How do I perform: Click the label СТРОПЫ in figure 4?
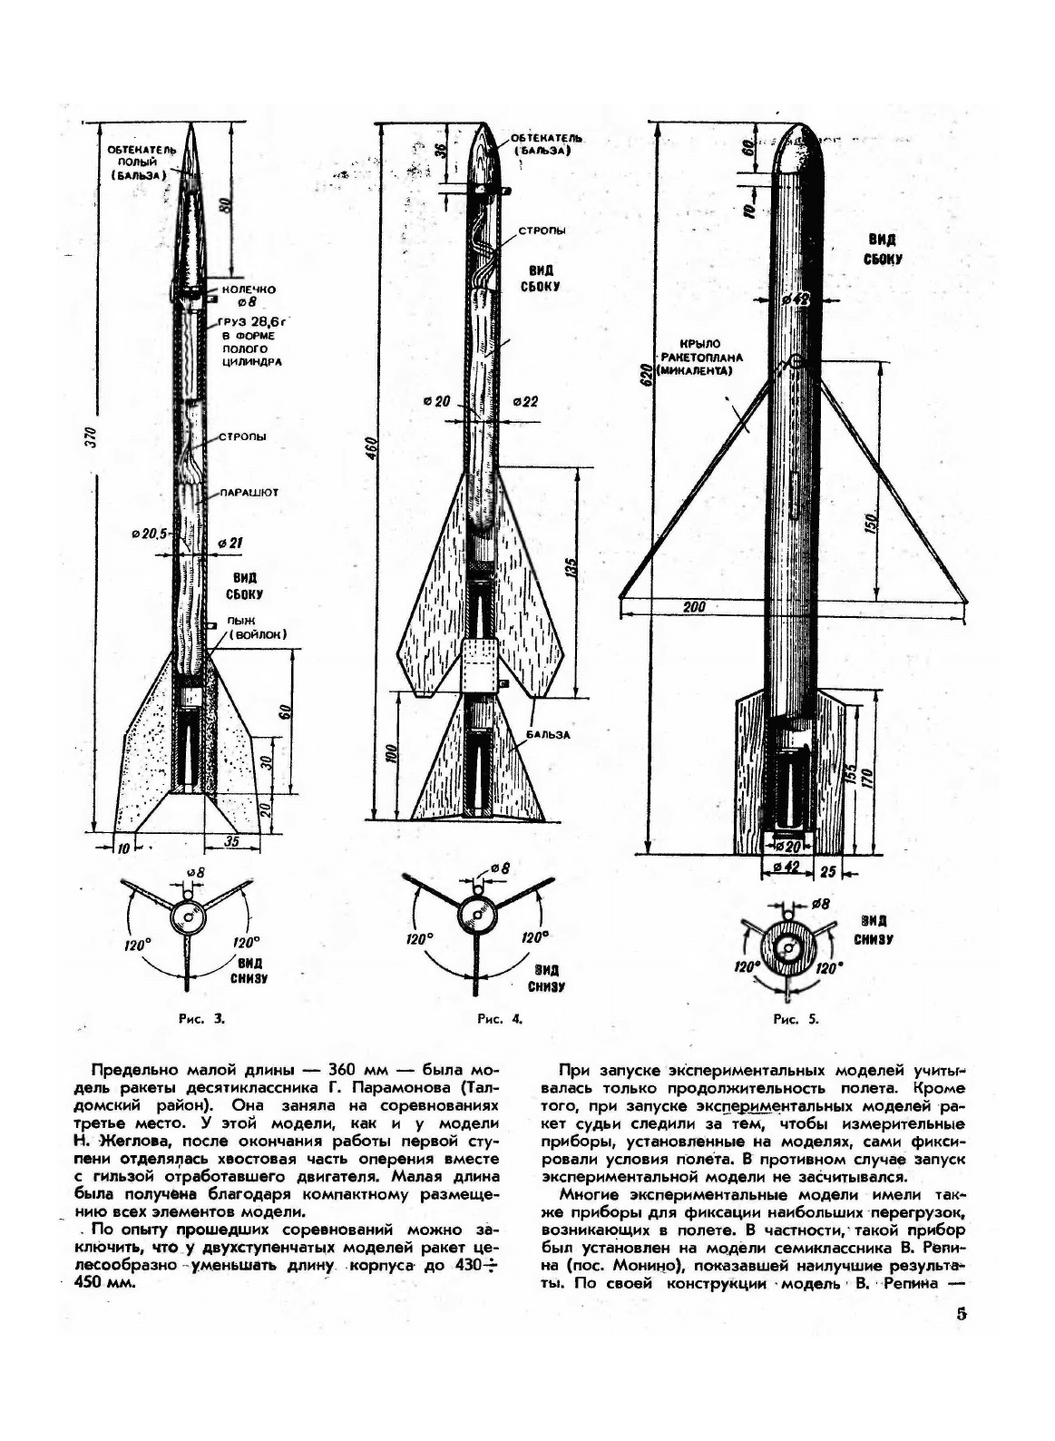pos(542,230)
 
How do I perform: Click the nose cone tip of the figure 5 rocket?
pos(800,125)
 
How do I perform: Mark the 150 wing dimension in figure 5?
pos(871,524)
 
